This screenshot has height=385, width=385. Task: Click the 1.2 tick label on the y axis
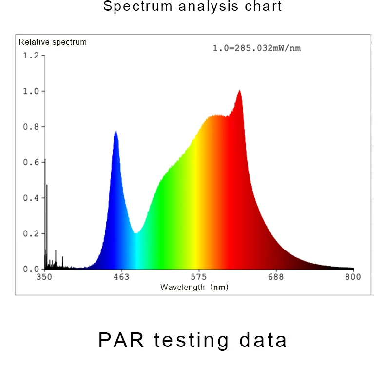pyautogui.click(x=31, y=56)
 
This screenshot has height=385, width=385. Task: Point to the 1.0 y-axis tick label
pyautogui.click(x=31, y=91)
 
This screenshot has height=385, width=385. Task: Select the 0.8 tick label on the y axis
pyautogui.click(x=31, y=127)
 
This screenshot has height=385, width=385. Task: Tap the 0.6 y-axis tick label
pyautogui.click(x=31, y=162)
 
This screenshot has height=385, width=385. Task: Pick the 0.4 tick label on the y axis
pyautogui.click(x=31, y=198)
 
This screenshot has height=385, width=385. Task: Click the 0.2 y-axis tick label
pyautogui.click(x=31, y=233)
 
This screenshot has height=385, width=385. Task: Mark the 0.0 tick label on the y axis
pyautogui.click(x=31, y=269)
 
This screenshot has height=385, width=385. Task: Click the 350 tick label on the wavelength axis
pyautogui.click(x=44, y=277)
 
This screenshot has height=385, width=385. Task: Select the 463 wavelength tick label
pyautogui.click(x=121, y=277)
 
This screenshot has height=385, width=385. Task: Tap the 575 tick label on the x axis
pyautogui.click(x=198, y=277)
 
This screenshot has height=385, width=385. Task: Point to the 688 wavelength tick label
pyautogui.click(x=276, y=277)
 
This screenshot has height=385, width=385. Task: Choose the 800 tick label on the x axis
pyautogui.click(x=353, y=277)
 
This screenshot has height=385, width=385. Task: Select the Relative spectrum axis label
pyautogui.click(x=53, y=42)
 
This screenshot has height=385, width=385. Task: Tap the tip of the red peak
pyautogui.click(x=239, y=90)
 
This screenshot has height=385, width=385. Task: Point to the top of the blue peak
pyautogui.click(x=116, y=131)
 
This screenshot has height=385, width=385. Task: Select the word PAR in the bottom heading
pyautogui.click(x=121, y=340)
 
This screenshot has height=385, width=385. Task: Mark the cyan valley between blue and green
pyautogui.click(x=136, y=233)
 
